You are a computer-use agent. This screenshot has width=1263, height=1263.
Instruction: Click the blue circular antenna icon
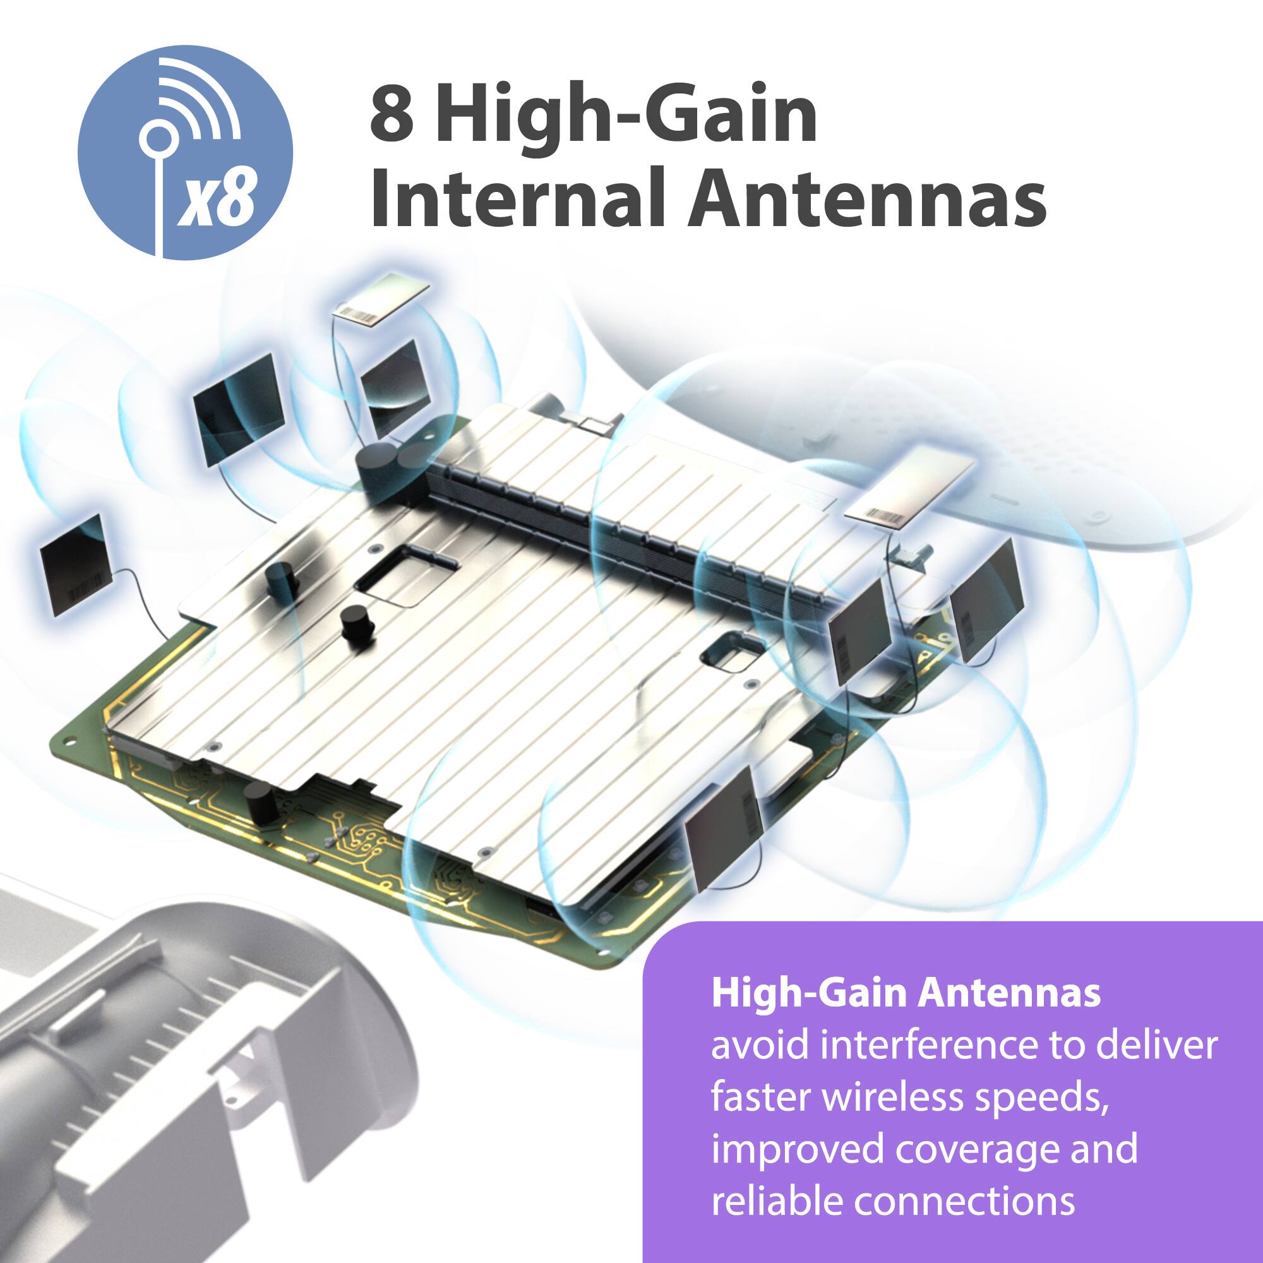[x=185, y=152]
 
